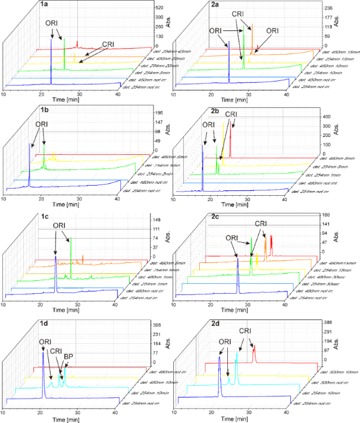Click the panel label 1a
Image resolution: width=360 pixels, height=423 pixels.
click(x=44, y=5)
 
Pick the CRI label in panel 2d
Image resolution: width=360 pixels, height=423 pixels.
click(x=245, y=331)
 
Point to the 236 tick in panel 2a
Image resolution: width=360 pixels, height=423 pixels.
click(x=329, y=8)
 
